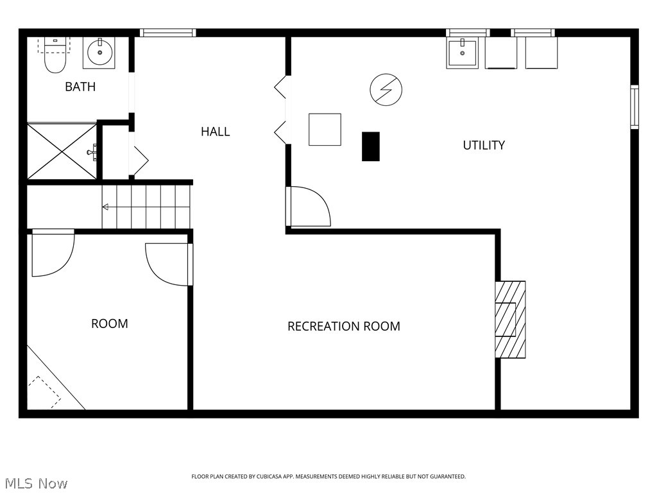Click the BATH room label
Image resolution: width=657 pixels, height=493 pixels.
(80, 87)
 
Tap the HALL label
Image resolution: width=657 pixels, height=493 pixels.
(215, 132)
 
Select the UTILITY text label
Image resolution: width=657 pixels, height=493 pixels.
(484, 145)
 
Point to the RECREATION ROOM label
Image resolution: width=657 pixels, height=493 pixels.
(343, 326)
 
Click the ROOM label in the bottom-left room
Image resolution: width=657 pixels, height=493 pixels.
(109, 324)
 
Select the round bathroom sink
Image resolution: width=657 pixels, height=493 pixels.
(99, 53)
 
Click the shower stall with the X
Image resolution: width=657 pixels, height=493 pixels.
(62, 151)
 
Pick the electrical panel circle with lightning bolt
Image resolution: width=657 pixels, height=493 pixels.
(386, 89)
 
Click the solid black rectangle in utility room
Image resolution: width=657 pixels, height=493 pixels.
(371, 146)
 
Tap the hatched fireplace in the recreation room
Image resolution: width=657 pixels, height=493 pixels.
(510, 319)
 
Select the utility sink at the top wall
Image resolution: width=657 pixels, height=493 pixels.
(463, 53)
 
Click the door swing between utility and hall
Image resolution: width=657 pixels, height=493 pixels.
(309, 207)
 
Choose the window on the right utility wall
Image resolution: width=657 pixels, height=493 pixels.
(634, 107)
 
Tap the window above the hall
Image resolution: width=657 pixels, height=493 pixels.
(168, 33)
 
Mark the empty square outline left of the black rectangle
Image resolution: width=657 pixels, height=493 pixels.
(325, 130)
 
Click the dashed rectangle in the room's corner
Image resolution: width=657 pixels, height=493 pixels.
(44, 391)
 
